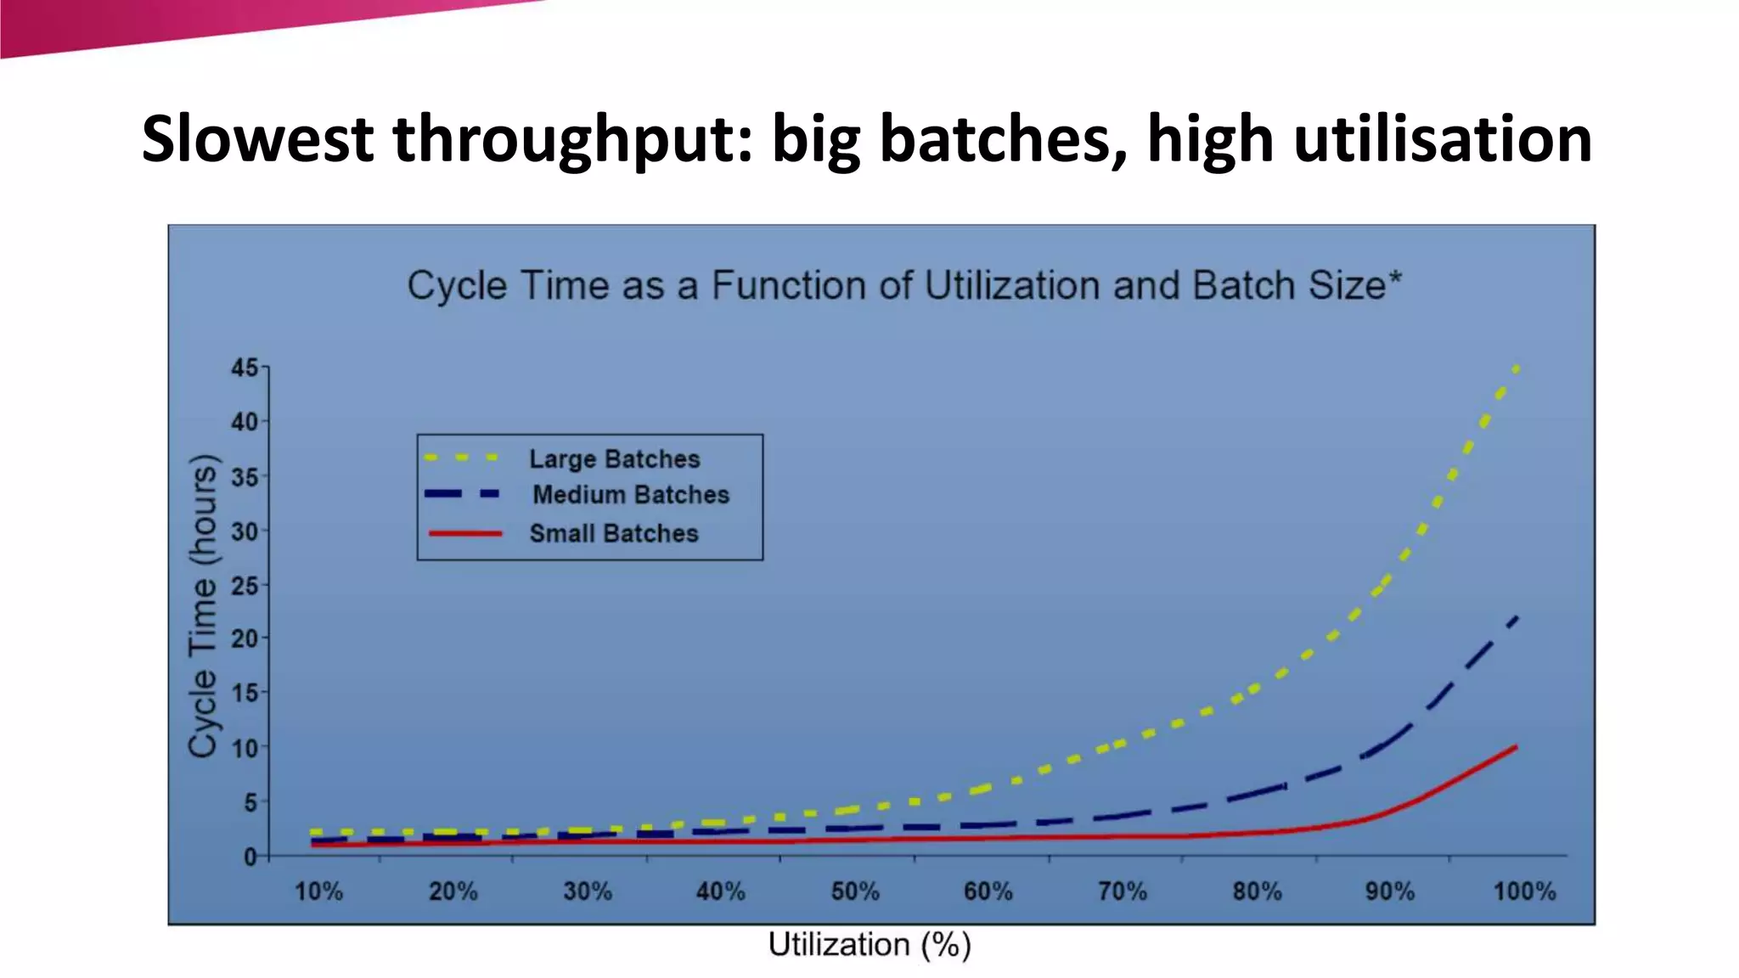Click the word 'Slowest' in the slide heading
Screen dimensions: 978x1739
[256, 139]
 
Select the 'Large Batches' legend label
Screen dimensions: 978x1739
[614, 459]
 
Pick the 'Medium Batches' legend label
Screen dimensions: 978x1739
[630, 495]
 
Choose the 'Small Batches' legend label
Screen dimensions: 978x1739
[613, 534]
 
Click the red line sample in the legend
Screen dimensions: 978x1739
[465, 534]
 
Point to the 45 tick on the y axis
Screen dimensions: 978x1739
[245, 368]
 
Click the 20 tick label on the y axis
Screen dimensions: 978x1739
[245, 638]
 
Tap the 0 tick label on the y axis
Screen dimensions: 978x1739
[250, 857]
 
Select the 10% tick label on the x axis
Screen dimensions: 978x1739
[318, 891]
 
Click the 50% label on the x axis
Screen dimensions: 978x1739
[854, 891]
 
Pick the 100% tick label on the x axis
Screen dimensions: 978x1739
[1524, 891]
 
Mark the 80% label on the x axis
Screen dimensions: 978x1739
[1257, 891]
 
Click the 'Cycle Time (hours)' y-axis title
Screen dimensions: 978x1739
[203, 605]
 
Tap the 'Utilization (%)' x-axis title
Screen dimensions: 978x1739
[869, 945]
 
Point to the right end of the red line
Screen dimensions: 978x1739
[1515, 747]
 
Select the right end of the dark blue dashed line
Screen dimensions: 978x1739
[1516, 618]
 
